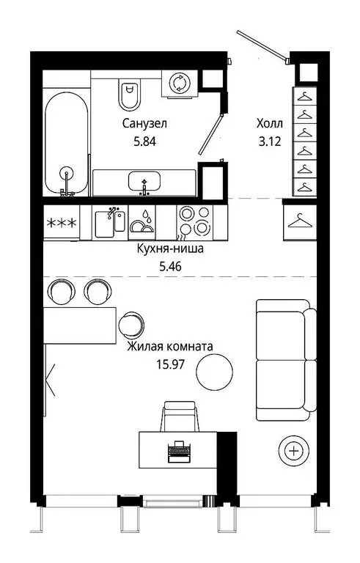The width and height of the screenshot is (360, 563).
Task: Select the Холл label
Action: point(268,124)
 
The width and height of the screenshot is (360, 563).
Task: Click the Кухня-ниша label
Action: point(169,249)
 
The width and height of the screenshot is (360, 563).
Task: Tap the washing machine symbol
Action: point(179,84)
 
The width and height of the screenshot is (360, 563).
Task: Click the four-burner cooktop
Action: point(194,221)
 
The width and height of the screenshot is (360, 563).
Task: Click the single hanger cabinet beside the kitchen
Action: point(298,221)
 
